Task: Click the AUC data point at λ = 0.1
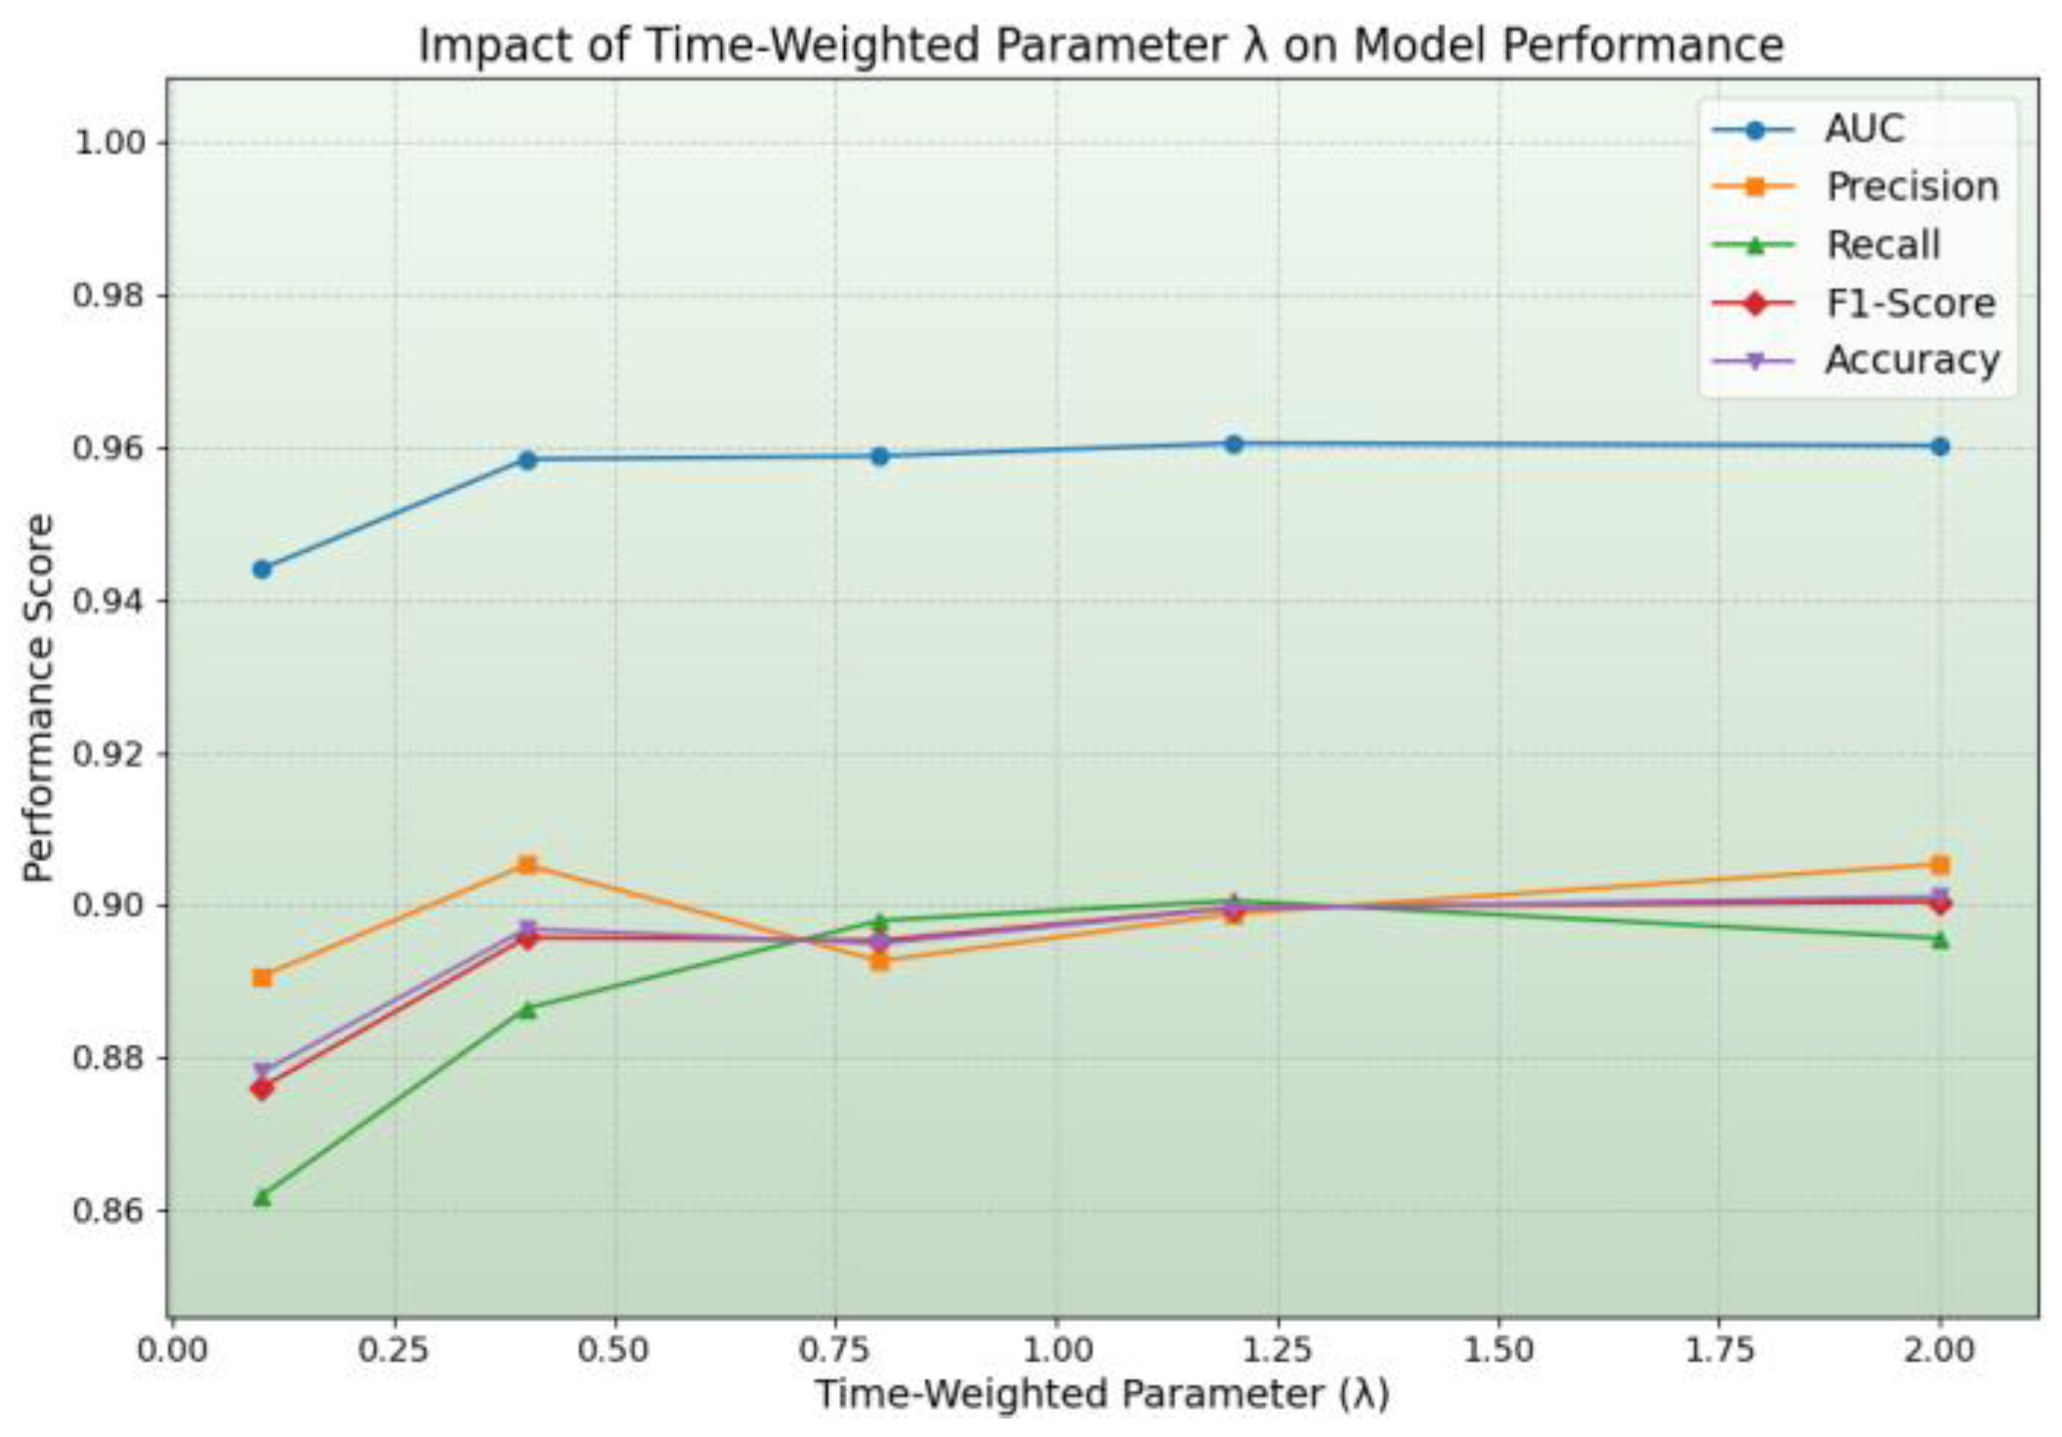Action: (262, 569)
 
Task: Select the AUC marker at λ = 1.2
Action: (1234, 444)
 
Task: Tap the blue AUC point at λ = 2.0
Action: (1940, 446)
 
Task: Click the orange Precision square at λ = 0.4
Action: (527, 865)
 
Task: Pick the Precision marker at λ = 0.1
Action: (262, 977)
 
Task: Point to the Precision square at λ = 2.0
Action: (1940, 865)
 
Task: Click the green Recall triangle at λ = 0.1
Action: (262, 1197)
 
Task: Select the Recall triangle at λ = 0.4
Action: (527, 1009)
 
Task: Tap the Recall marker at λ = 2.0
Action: (1940, 940)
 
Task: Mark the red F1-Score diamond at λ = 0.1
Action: (262, 1088)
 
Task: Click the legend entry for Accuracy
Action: (1912, 360)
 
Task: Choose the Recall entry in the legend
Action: (1882, 245)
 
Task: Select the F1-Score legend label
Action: (1910, 304)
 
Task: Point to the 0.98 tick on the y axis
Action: (108, 294)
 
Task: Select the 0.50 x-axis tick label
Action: (614, 1351)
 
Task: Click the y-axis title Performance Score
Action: (39, 697)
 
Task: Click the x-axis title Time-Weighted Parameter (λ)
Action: (1102, 1395)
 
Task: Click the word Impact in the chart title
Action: (483, 46)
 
